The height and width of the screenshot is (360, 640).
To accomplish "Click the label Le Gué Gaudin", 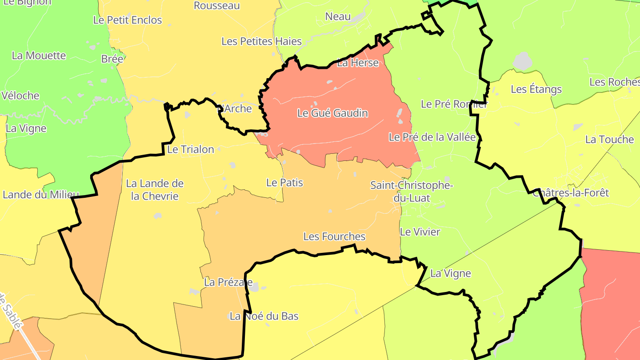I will pyautogui.click(x=332, y=113).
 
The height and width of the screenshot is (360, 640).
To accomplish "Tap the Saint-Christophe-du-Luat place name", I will pyautogui.click(x=412, y=192).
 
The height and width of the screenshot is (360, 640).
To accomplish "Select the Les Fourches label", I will pyautogui.click(x=334, y=236).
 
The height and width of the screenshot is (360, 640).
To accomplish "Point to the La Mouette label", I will pyautogui.click(x=39, y=56).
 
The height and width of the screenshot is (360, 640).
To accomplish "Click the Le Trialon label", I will pyautogui.click(x=191, y=149).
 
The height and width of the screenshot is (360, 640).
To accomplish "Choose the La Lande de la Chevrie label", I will pyautogui.click(x=155, y=190).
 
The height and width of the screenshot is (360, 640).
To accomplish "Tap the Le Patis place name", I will pyautogui.click(x=284, y=183).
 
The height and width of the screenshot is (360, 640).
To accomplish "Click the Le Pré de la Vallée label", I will pyautogui.click(x=432, y=137).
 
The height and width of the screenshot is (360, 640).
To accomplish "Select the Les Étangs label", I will pyautogui.click(x=536, y=89).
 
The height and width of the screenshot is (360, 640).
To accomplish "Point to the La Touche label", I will pyautogui.click(x=609, y=140).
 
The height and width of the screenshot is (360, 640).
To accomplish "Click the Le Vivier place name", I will pyautogui.click(x=420, y=232).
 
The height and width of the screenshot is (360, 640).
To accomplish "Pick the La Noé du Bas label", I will pyautogui.click(x=264, y=316).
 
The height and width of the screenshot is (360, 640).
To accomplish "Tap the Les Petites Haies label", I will pyautogui.click(x=261, y=42).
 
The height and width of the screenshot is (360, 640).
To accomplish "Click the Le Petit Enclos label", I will pyautogui.click(x=128, y=20).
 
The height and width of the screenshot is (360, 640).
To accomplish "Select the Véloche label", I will pyautogui.click(x=20, y=96).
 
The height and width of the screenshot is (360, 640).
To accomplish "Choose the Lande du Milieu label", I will pyautogui.click(x=40, y=195).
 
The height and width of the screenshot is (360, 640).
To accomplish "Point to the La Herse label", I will pyautogui.click(x=358, y=63).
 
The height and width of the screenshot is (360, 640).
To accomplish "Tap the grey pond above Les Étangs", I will pyautogui.click(x=522, y=61).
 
